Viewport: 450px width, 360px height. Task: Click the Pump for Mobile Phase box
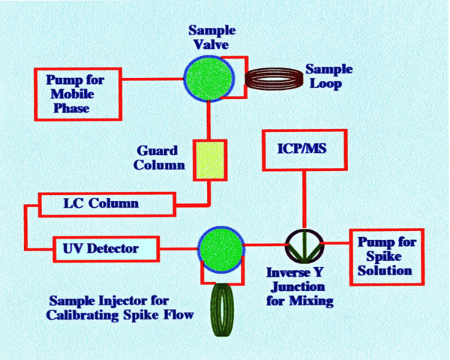tap(77, 93)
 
